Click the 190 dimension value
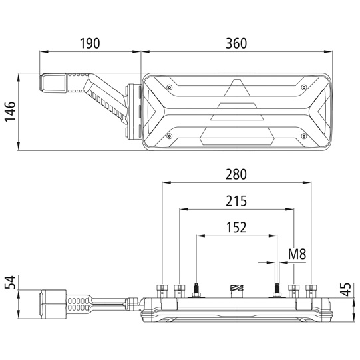coord(90,43)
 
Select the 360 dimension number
coord(236,43)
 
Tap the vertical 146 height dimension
coord(11,112)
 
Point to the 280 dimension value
coord(236,174)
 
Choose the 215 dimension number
coord(236,201)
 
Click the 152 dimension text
coord(236,228)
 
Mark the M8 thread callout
coord(297,254)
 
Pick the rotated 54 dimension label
coord(11,282)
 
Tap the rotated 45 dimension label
coord(346,289)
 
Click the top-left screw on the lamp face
coord(169,87)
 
